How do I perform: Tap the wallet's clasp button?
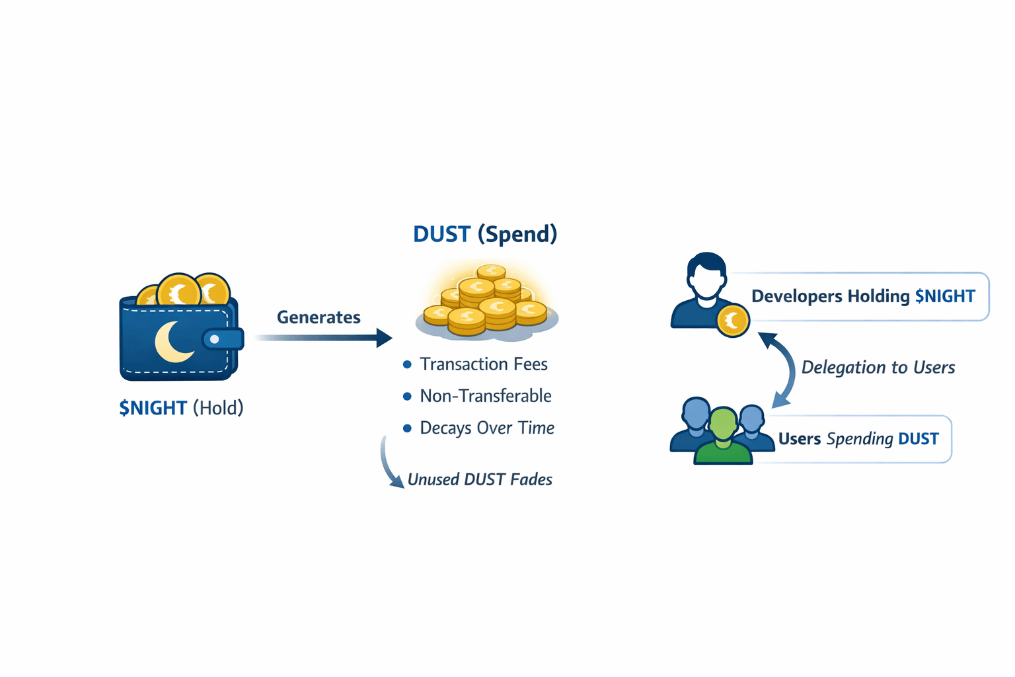215,339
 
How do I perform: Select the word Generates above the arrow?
319,317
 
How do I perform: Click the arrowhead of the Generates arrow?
384,338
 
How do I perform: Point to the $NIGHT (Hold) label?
181,408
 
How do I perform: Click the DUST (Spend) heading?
484,234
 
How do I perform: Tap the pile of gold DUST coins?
486,301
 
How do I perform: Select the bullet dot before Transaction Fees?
407,364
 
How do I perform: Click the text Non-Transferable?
486,396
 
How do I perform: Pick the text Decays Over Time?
487,428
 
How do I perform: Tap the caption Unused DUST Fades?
480,479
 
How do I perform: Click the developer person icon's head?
706,274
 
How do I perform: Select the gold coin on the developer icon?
732,321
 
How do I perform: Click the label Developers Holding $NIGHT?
863,296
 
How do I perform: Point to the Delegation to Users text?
878,368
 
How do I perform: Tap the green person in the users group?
723,436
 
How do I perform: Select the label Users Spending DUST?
858,439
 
